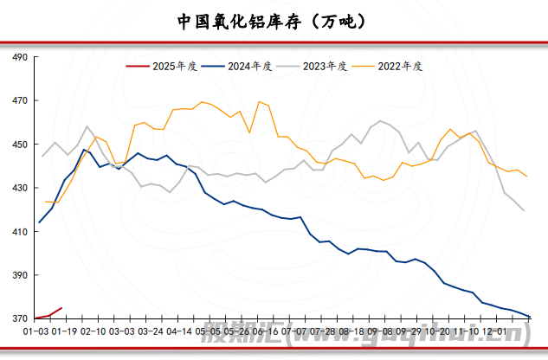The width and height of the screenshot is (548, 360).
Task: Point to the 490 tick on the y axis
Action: point(19,57)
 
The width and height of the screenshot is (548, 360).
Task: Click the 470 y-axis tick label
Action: point(19,101)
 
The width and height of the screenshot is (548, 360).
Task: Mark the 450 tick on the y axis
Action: point(19,145)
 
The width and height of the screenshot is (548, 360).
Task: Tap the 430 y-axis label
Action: point(19,189)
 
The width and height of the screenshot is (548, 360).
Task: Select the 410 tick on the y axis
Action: point(19,232)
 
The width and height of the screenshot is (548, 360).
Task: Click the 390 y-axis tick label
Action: point(19,276)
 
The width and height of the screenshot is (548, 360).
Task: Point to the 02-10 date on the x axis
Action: point(95,331)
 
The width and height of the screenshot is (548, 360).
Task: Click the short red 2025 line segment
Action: point(48,314)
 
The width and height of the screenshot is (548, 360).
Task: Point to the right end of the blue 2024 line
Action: point(528,317)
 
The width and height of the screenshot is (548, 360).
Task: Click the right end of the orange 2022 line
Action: point(527,176)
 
